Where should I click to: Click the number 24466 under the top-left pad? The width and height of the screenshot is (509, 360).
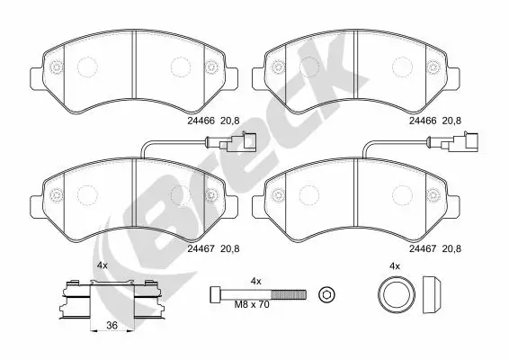tap(201, 121)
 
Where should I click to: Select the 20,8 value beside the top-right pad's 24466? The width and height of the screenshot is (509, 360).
tap(451, 121)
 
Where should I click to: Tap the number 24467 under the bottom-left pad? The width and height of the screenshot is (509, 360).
tap(201, 249)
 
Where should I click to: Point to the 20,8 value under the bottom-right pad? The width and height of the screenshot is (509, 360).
tap(451, 249)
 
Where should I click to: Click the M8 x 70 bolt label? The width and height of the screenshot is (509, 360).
tap(252, 305)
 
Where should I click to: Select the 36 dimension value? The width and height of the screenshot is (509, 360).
tap(112, 325)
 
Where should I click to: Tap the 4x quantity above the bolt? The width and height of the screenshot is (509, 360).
tap(255, 282)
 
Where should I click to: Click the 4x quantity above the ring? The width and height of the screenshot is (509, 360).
tap(395, 266)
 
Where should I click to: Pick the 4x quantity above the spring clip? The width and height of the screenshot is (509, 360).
tap(103, 265)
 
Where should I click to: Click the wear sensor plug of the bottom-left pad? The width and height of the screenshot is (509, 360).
tap(237, 142)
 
